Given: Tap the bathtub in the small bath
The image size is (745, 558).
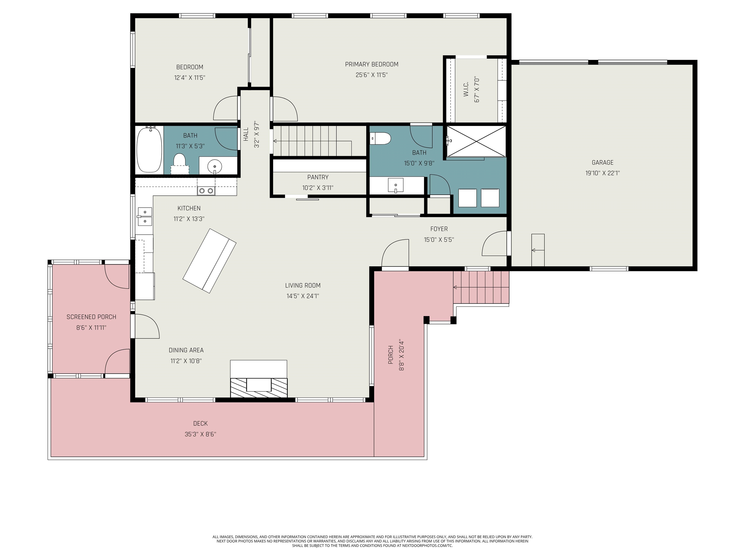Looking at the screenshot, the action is coord(149,150).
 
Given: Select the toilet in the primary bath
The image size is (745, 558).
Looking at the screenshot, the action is coord(380,138).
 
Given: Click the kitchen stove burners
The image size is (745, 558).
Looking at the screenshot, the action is coord(206,191).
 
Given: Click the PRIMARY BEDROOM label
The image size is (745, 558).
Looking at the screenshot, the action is coord(372,64).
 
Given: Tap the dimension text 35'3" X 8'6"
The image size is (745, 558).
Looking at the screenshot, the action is coord(200,434).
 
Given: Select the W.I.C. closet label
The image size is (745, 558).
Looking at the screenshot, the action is coord(466,89).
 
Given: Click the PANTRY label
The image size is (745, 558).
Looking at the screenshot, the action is coord(318,177).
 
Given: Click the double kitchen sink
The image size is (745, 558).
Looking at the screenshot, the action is coord(145,216).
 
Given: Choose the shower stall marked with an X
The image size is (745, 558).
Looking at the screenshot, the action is coord(476,141).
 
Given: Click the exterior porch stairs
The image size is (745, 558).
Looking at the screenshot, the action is coord(481,287).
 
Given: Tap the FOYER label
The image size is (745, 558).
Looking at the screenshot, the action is coord(439,229).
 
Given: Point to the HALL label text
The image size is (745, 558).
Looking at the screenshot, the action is coord(246,134).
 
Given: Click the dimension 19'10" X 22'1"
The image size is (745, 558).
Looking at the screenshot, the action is coord(603,173).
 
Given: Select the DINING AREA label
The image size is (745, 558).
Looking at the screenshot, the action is coord(186,350).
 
